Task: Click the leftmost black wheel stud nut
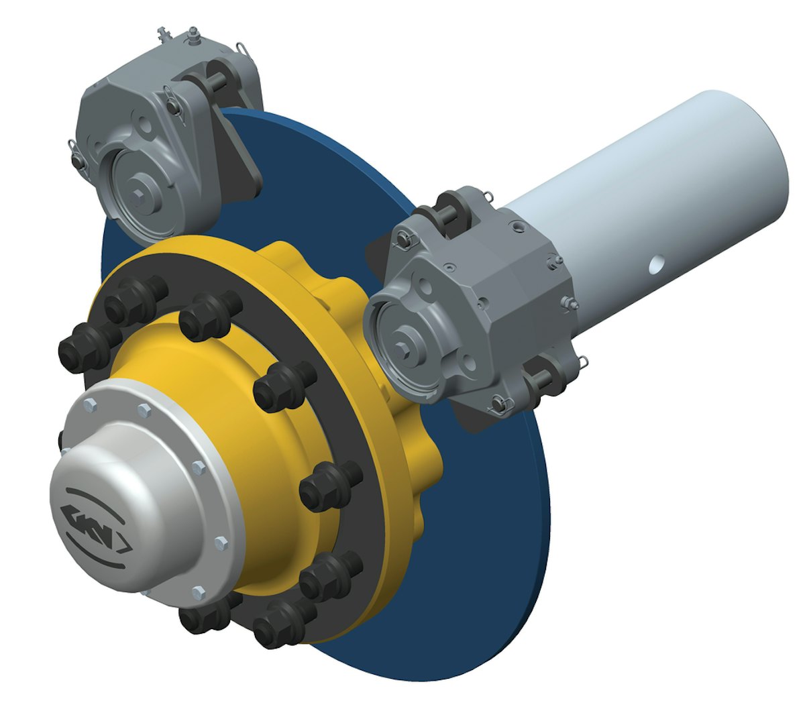click(75, 346)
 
